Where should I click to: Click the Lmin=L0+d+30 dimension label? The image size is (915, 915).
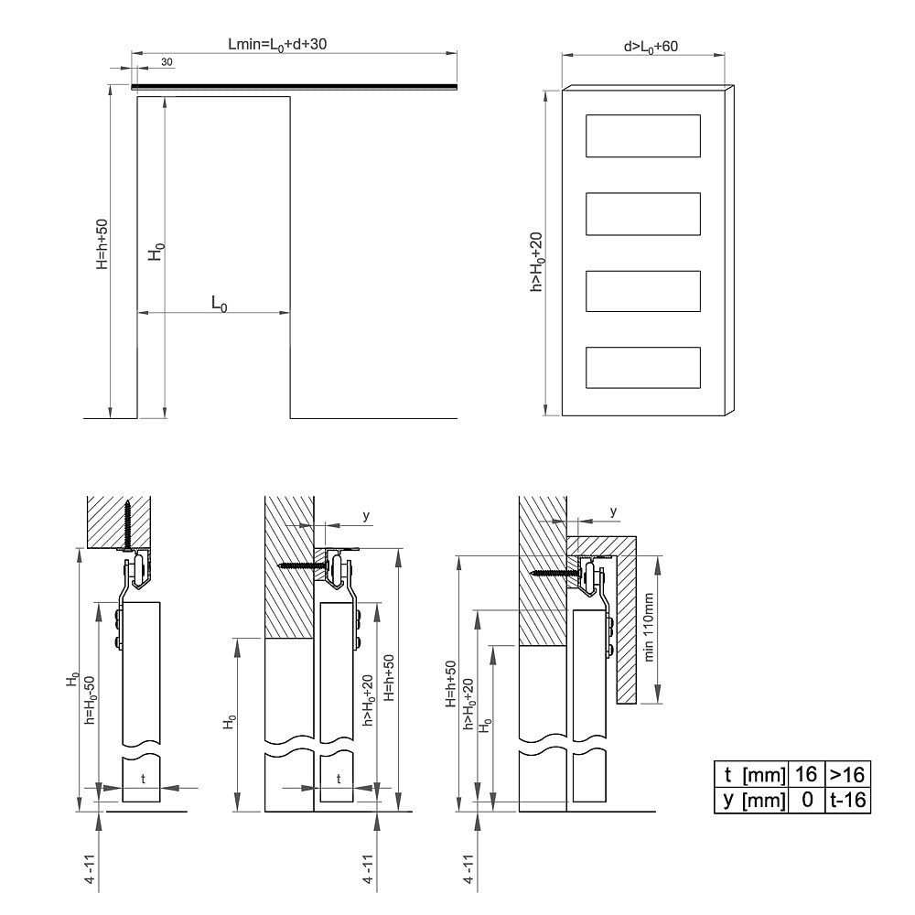click(277, 45)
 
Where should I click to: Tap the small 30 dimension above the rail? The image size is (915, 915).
click(167, 62)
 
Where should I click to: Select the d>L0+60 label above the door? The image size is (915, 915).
click(651, 47)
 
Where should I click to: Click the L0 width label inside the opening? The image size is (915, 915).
click(219, 304)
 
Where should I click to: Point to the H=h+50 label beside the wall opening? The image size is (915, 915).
click(102, 244)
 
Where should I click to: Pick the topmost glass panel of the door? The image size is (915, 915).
click(643, 136)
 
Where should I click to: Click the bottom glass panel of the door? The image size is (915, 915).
click(643, 368)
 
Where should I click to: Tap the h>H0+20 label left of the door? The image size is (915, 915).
click(536, 262)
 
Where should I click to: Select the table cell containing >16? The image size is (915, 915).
click(847, 774)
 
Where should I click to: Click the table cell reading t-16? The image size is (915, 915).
click(847, 800)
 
